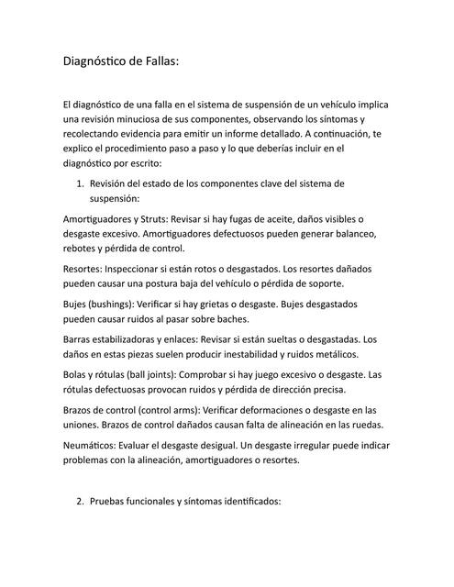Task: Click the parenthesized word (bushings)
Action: (116, 305)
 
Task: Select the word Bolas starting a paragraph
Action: (76, 374)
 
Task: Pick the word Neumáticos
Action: (92, 444)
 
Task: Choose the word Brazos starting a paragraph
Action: (80, 409)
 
